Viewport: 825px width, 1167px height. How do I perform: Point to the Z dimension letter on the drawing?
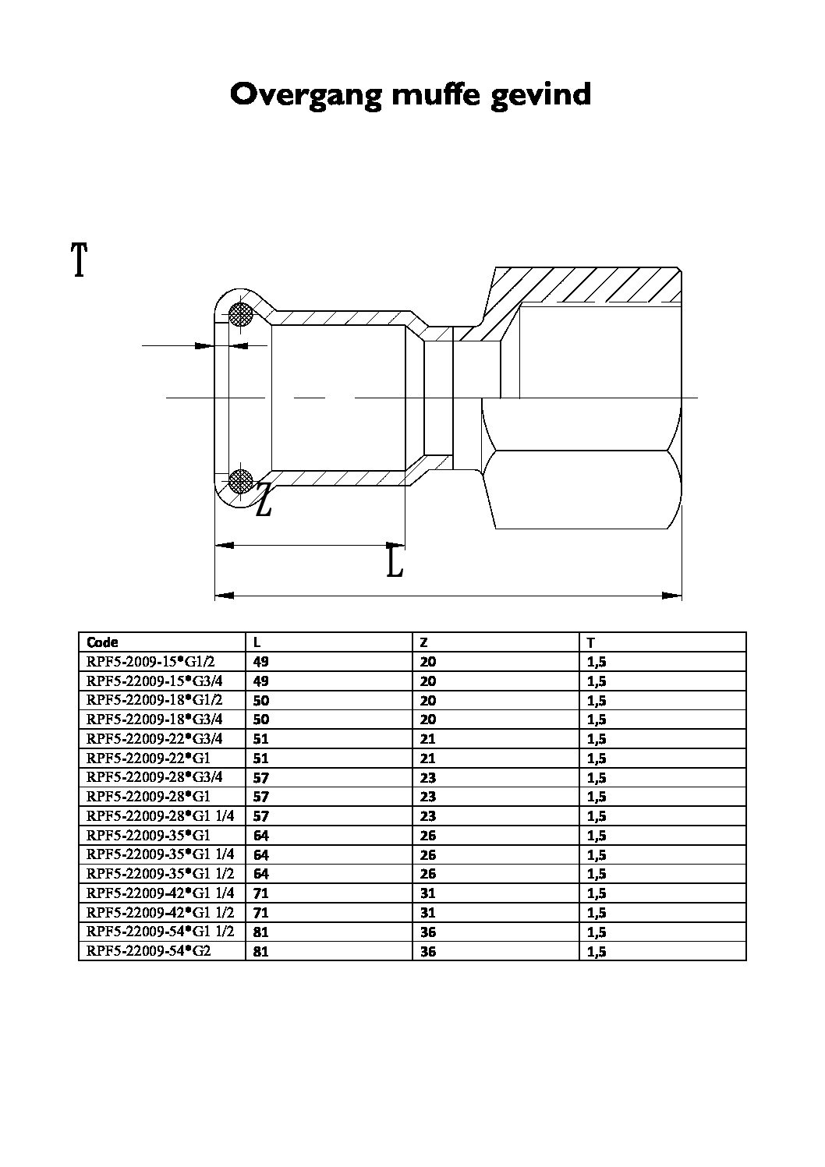(264, 500)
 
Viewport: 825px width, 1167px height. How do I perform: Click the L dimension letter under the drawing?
(395, 563)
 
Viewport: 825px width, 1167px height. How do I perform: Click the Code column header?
(102, 642)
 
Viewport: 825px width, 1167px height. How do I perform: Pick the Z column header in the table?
(423, 642)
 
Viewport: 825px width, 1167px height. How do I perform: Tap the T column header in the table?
(591, 642)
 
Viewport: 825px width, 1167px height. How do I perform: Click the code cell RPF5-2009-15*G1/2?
(150, 662)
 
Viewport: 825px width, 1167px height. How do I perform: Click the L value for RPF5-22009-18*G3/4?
(260, 720)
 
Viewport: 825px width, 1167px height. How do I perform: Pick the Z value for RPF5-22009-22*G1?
(427, 759)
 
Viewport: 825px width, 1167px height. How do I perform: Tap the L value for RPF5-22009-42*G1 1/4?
(260, 893)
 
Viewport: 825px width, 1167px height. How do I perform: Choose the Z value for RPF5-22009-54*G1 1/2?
(427, 932)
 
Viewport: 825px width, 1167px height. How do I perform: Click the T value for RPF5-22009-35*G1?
(597, 836)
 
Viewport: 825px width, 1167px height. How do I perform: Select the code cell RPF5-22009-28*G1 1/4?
(161, 816)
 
